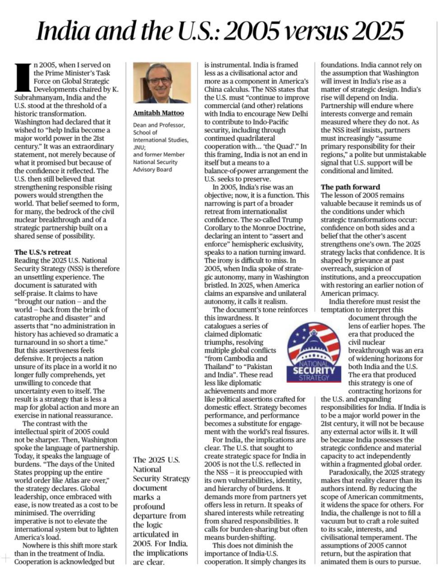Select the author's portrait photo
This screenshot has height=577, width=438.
point(162,83)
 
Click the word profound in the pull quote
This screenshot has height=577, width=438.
point(151,515)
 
